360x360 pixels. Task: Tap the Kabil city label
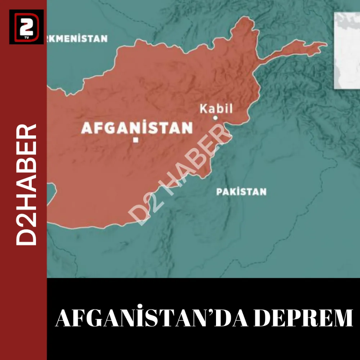tap(216, 109)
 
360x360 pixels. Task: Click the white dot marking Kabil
tap(215, 118)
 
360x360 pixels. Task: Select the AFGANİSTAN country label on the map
tap(137, 128)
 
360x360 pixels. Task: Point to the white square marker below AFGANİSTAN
tap(136, 140)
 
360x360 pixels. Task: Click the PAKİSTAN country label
tap(241, 192)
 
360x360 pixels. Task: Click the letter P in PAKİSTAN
tap(219, 192)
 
